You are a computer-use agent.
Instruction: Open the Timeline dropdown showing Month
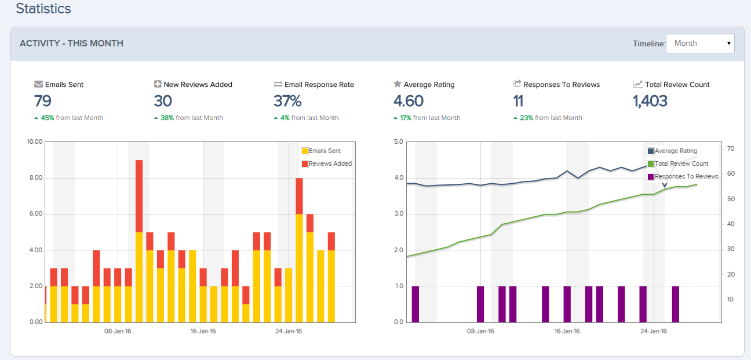(x=700, y=43)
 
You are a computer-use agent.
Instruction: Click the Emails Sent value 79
(x=42, y=101)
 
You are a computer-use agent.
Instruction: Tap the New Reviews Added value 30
(x=163, y=101)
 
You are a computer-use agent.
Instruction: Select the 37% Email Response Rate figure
(x=287, y=101)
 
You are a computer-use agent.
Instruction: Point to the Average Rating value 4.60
(x=408, y=101)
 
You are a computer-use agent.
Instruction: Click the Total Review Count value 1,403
(x=650, y=101)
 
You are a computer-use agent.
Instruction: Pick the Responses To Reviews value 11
(x=518, y=101)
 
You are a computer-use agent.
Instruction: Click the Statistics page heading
(x=43, y=9)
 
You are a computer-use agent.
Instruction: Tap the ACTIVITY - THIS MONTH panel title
(x=71, y=43)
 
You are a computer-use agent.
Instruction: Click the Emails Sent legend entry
(x=325, y=151)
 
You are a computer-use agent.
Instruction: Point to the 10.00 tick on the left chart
(x=35, y=141)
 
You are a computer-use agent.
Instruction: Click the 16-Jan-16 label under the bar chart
(x=203, y=332)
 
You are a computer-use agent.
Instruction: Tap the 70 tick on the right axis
(x=730, y=149)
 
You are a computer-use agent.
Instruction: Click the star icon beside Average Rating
(x=397, y=84)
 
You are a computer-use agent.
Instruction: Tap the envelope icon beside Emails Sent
(x=38, y=84)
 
